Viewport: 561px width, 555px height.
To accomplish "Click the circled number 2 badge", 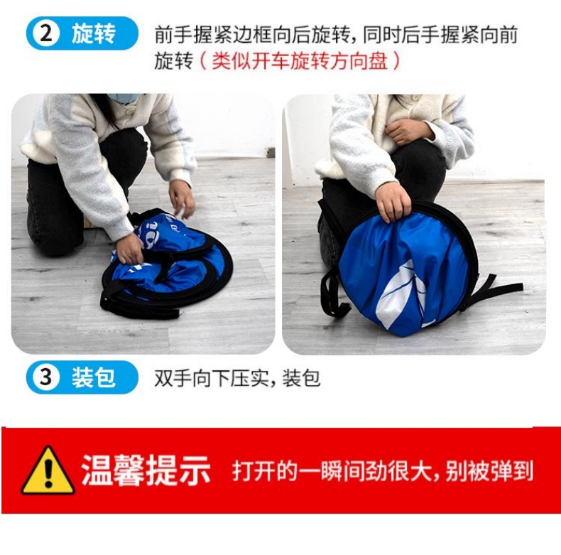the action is point(45,33).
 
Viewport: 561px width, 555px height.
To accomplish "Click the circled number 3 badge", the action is point(45,377).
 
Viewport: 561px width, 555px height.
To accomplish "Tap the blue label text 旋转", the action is point(93,33).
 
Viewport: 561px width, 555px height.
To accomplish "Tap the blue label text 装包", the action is point(93,377).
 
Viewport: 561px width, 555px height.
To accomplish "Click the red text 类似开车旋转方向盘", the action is point(300,60).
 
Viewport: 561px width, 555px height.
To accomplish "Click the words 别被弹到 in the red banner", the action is point(489,470).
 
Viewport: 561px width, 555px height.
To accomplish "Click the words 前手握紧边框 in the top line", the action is point(213,35).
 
